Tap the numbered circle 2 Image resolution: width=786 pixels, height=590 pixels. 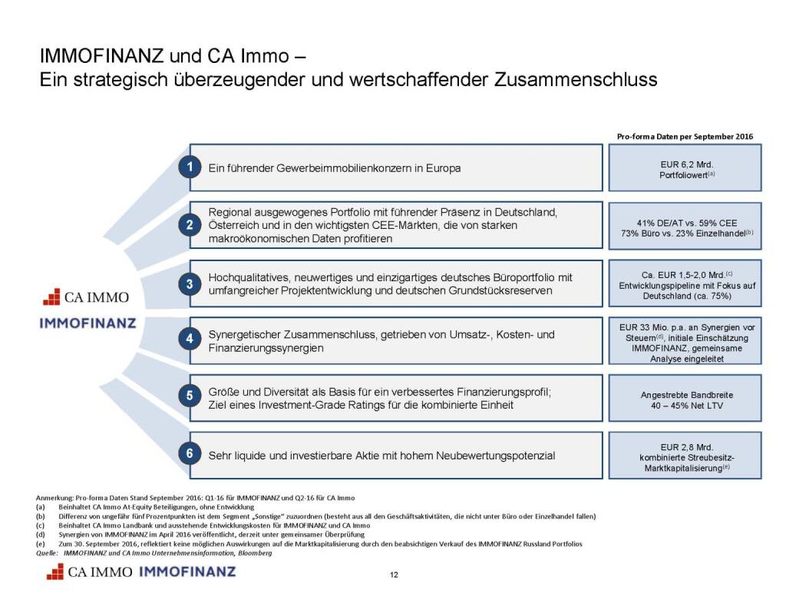click(190, 225)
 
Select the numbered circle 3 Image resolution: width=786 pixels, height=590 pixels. click(190, 283)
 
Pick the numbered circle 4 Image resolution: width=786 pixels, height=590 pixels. click(190, 338)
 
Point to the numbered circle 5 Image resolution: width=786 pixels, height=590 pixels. click(190, 396)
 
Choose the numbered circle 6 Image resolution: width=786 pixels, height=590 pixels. click(190, 455)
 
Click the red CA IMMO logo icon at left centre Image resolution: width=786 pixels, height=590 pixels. click(51, 297)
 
